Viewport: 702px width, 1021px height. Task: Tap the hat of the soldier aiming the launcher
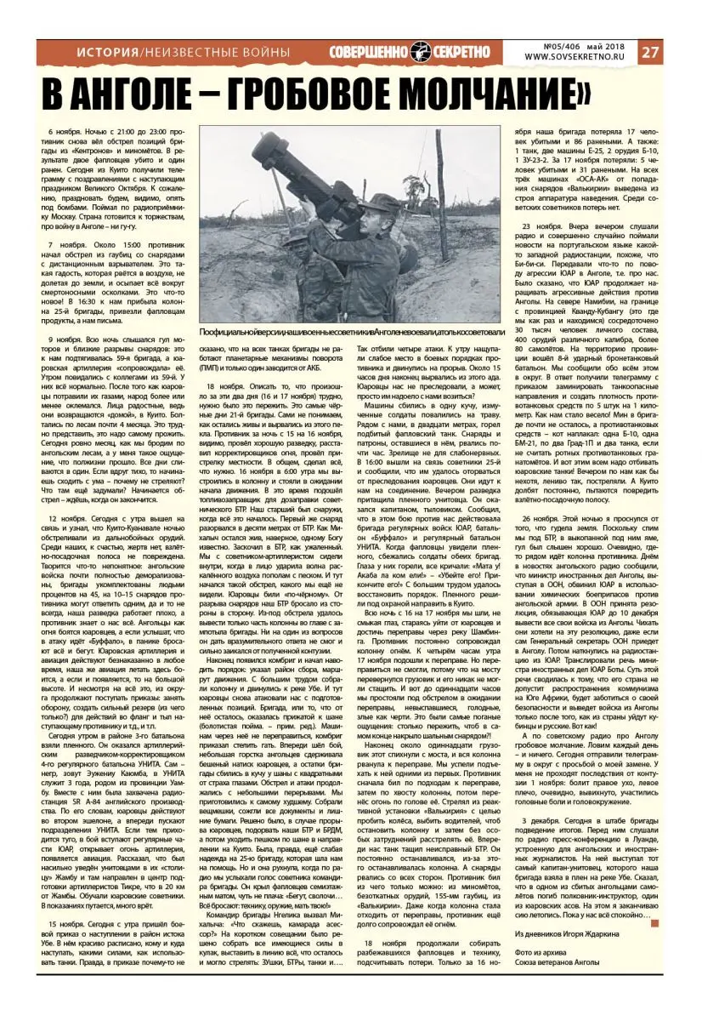click(374, 201)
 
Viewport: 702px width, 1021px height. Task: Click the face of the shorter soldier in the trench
click(299, 251)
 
